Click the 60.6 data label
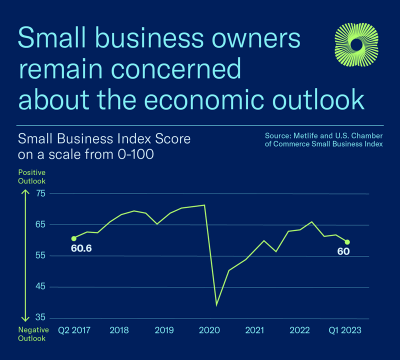81,247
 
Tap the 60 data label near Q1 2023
343,251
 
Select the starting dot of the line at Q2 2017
74,238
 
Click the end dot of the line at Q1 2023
347,242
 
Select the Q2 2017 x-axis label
74,330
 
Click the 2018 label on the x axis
118,330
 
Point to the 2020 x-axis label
209,330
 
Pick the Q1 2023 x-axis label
344,330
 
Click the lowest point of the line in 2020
216,304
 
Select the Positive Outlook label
31,176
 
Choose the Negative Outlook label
33,334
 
